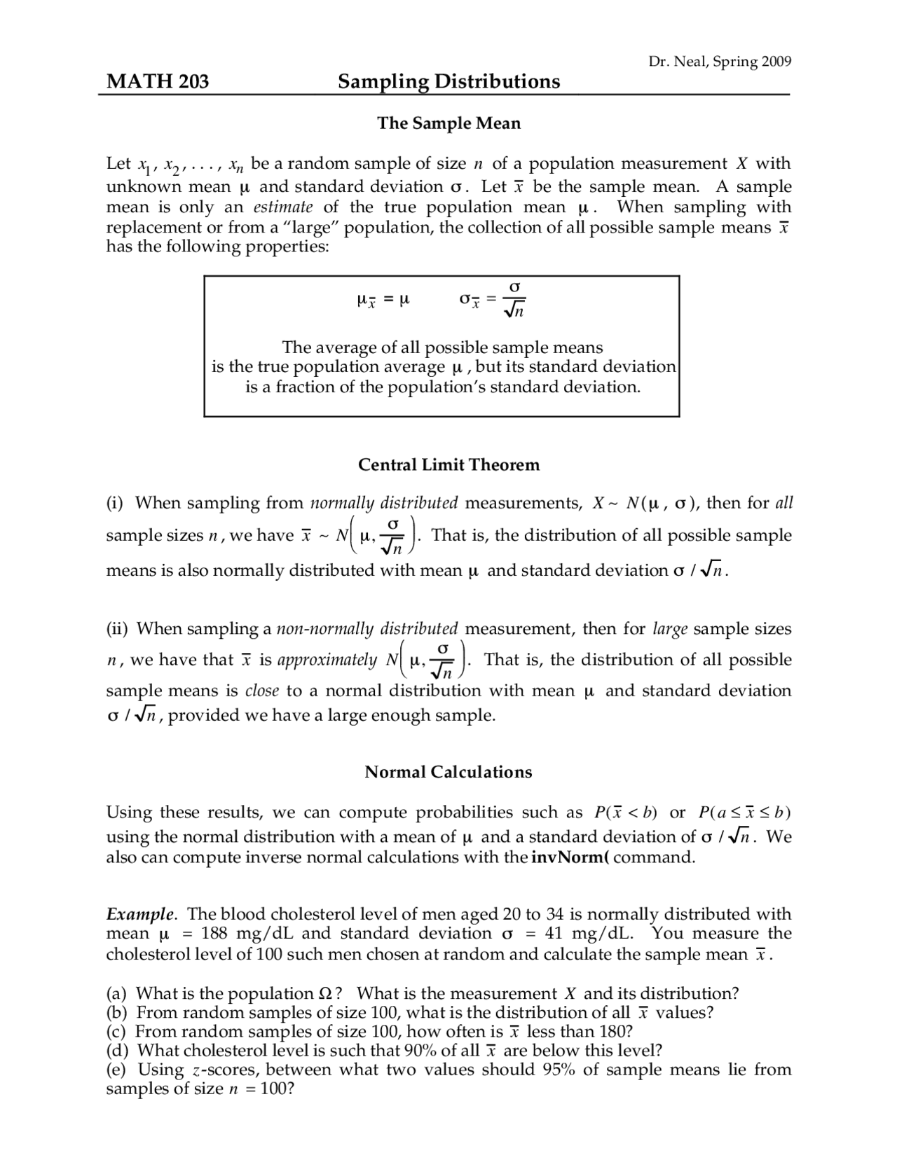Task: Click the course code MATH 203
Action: [158, 82]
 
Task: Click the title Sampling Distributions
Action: [448, 82]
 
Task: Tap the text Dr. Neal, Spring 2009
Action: [720, 62]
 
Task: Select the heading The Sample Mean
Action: [448, 123]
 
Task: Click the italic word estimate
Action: [283, 207]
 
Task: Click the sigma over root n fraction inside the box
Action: [514, 299]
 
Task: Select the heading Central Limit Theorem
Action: [448, 465]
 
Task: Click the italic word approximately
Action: [327, 660]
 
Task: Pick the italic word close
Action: [262, 691]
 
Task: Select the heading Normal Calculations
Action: [448, 772]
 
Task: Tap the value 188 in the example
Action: [215, 934]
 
